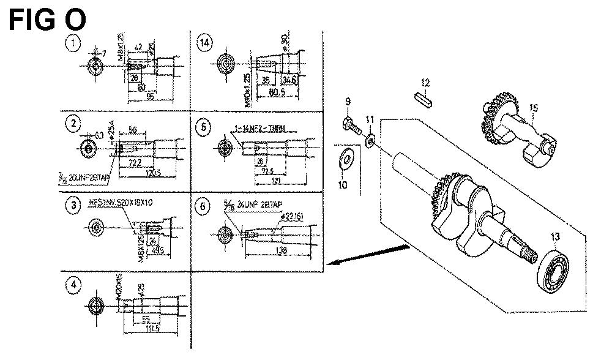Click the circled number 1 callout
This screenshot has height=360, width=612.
click(73, 43)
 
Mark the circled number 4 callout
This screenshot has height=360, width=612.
click(73, 285)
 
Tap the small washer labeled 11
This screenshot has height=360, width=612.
click(371, 141)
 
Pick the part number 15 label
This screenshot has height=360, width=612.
click(534, 108)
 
